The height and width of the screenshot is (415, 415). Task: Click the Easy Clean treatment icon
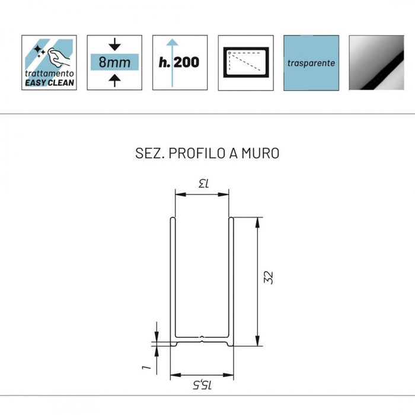point(49,62)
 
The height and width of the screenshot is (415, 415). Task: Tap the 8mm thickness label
point(114,62)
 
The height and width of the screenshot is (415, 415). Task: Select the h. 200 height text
point(179,62)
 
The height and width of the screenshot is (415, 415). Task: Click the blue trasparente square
point(311,63)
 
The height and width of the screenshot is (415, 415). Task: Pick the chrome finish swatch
point(376,63)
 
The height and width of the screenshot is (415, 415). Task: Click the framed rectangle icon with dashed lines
point(246,62)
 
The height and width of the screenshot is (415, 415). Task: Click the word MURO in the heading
point(260,153)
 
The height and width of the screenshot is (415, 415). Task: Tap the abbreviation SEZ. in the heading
point(150,153)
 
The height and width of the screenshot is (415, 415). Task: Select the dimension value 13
point(204,183)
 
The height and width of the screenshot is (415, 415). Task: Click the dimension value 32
point(269,277)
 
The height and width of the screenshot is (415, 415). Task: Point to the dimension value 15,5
point(202,385)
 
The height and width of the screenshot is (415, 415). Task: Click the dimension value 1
point(146,368)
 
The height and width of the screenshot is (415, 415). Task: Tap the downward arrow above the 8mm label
point(114,44)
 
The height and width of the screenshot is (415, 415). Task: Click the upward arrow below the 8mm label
point(114,81)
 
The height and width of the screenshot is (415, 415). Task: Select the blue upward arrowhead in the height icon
point(173,42)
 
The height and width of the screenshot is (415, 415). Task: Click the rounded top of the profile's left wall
point(173,219)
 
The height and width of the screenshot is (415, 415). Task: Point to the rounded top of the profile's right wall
point(231,219)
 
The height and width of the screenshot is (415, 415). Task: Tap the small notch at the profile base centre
point(202,339)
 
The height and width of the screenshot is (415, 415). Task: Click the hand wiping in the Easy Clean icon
point(59,57)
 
